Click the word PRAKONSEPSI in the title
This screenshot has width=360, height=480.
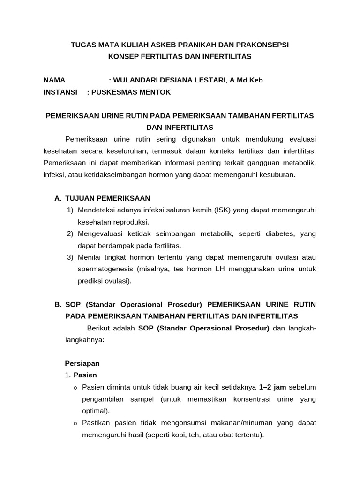click(264, 45)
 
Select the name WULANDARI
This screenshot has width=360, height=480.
click(137, 80)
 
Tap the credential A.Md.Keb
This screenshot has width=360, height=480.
click(246, 80)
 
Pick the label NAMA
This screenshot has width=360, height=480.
click(54, 80)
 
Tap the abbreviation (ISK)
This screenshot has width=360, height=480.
click(223, 210)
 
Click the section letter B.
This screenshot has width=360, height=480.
click(58, 304)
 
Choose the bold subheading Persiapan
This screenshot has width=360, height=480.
click(82, 363)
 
